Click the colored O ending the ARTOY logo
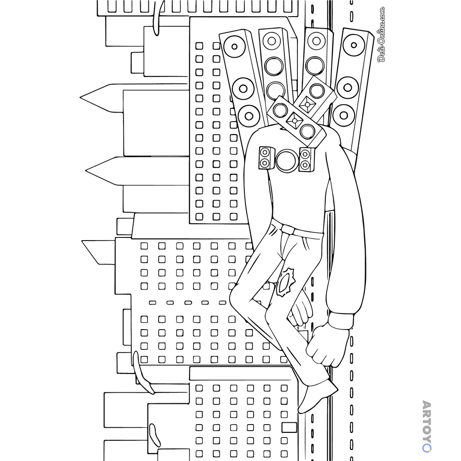tap(426, 448)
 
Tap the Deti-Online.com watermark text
tap(381, 35)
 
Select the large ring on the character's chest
tap(287, 160)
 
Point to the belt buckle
tap(287, 229)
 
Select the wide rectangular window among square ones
tap(290, 427)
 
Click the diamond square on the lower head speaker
tap(294, 120)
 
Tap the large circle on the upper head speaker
tap(317, 90)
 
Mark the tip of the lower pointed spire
tap(86, 171)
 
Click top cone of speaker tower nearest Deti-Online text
tap(354, 45)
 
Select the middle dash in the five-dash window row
tap(188, 302)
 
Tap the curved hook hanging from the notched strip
tap(158, 19)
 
